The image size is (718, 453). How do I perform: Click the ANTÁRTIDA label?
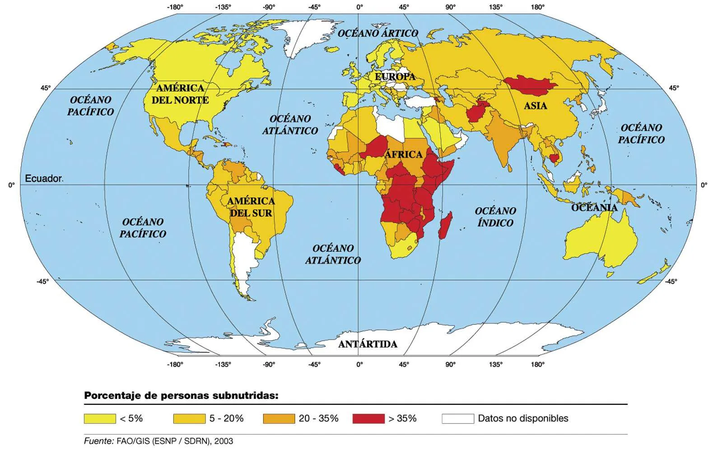[x=368, y=344]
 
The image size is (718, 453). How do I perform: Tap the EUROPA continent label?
[x=395, y=77]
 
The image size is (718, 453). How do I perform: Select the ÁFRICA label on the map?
[x=403, y=155]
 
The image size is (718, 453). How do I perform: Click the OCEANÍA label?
[x=594, y=208]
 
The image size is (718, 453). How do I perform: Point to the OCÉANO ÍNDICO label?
[x=495, y=217]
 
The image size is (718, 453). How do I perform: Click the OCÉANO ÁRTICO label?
[x=378, y=33]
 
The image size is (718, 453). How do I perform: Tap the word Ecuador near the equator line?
[x=43, y=179]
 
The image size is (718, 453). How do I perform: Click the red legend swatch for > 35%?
[x=368, y=419]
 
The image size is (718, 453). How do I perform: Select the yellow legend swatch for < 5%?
[x=100, y=419]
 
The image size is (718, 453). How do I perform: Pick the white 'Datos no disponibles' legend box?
[x=457, y=419]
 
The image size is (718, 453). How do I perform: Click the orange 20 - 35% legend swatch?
[x=279, y=419]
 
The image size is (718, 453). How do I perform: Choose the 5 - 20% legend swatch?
[x=189, y=419]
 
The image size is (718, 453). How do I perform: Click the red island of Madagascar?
[x=445, y=226]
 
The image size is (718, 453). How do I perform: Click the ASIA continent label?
[x=535, y=106]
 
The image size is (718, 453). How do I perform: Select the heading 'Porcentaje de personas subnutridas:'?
[x=181, y=396]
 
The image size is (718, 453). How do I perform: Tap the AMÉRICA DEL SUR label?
[x=251, y=207]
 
